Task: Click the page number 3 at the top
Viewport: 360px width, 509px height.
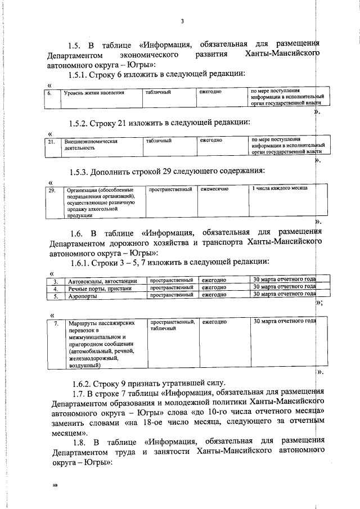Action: click(x=182, y=22)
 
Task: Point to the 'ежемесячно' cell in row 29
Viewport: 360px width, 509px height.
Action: click(x=217, y=191)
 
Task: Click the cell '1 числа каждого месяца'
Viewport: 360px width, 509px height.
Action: click(x=280, y=191)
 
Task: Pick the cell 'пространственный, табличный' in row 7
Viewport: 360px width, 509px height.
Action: click(x=172, y=326)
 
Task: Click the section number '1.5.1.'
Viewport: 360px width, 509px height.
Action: click(x=80, y=74)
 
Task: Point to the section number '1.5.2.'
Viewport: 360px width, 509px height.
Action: click(x=80, y=122)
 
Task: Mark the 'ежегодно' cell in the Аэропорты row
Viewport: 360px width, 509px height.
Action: click(x=214, y=295)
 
